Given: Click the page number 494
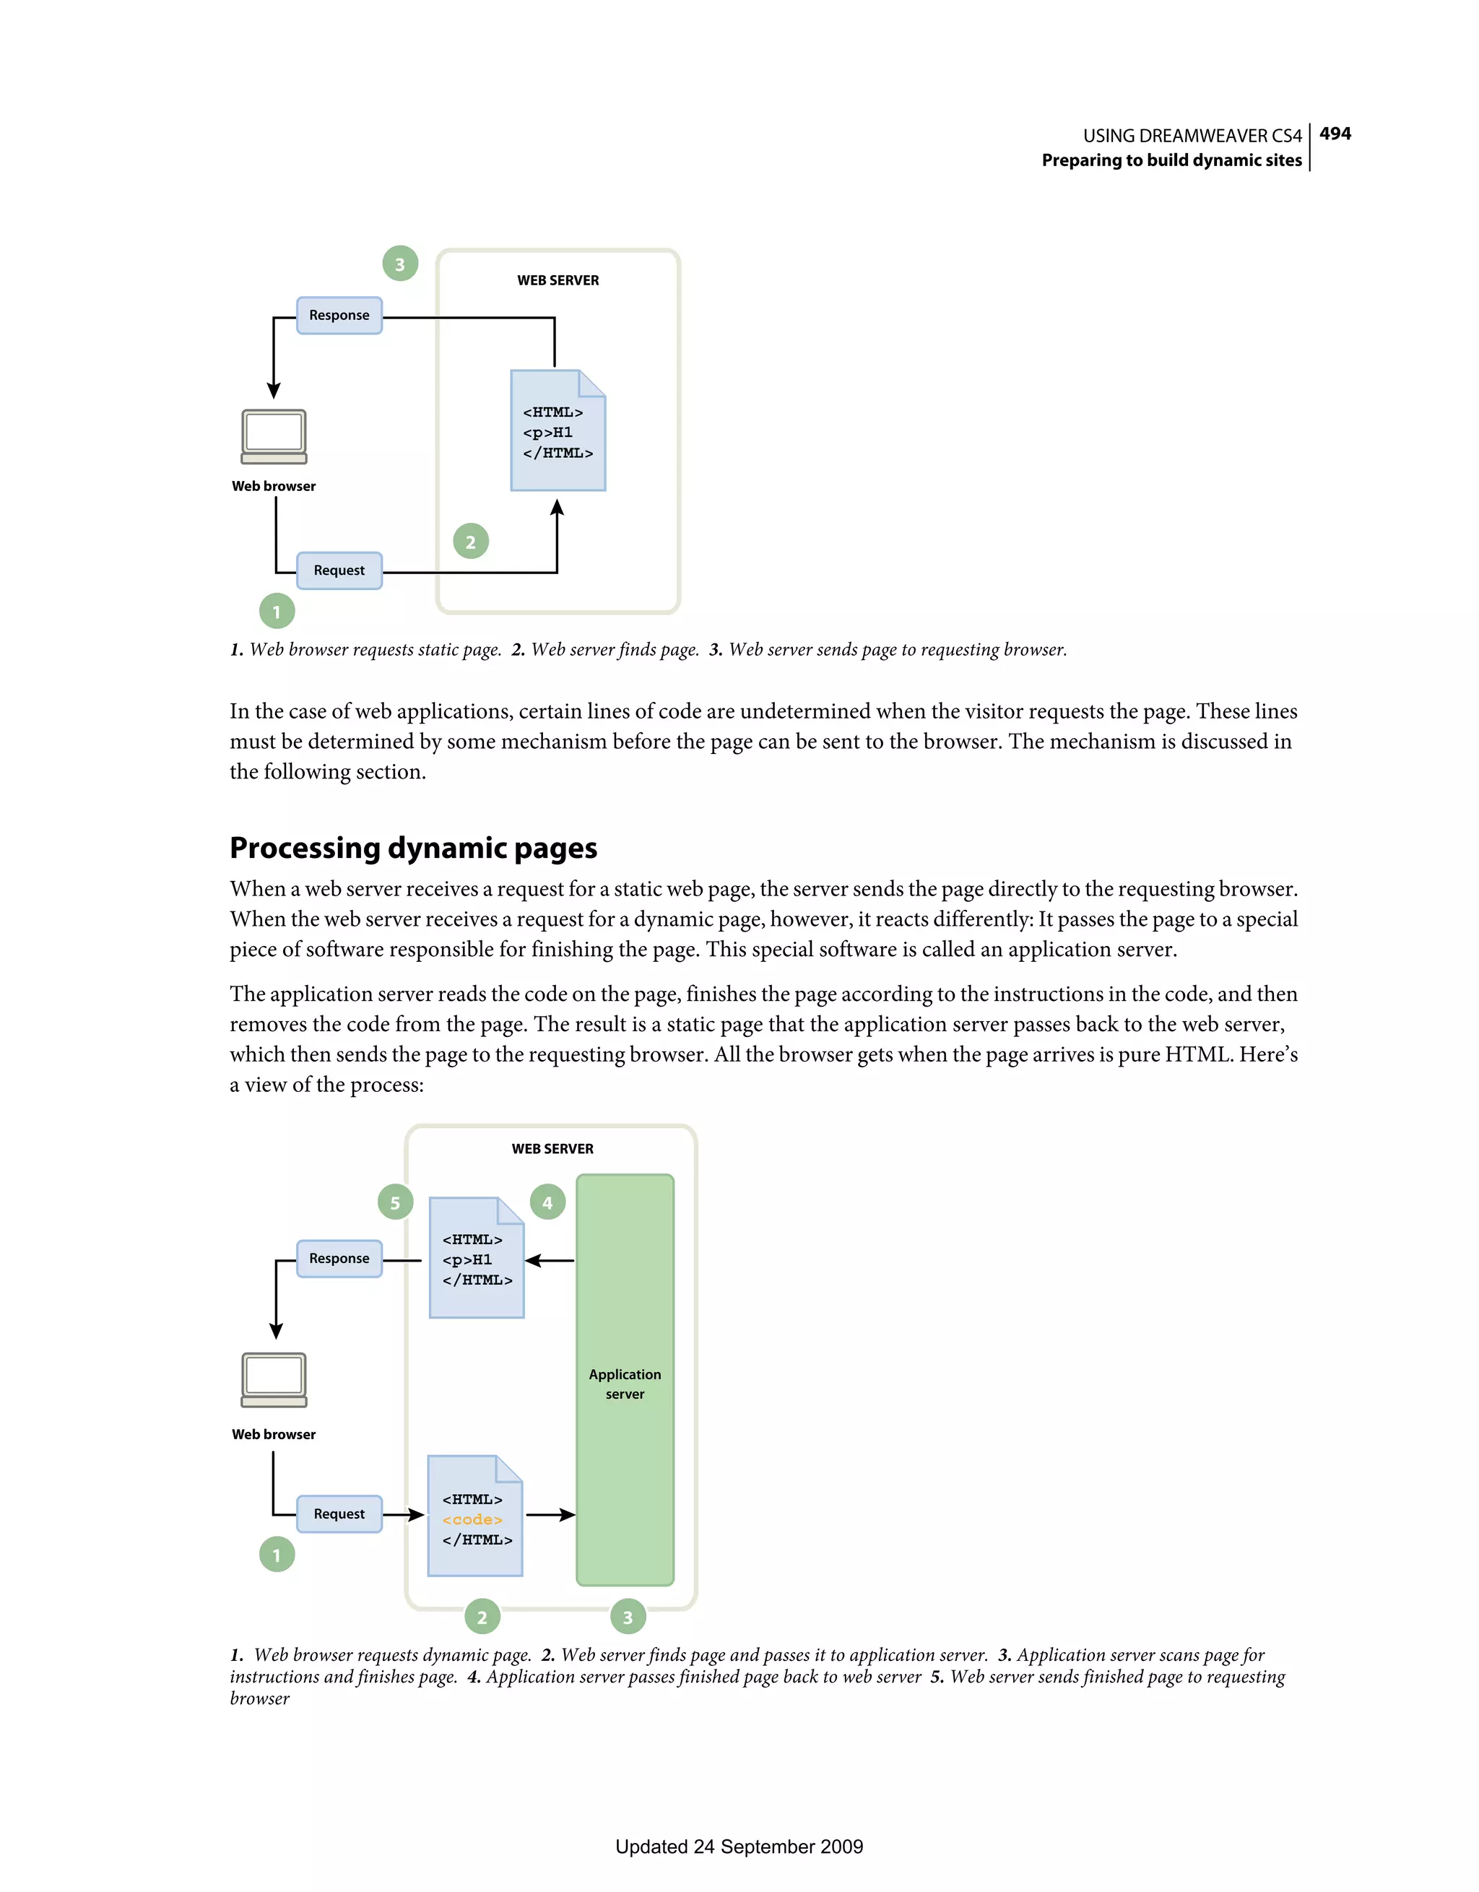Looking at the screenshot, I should [1335, 134].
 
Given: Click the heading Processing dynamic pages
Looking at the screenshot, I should [413, 847].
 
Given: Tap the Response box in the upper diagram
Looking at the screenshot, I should [339, 316].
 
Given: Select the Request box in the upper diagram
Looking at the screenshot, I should [339, 570].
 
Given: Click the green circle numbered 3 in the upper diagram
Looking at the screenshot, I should [399, 264].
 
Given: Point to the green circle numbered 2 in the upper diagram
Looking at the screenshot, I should [470, 542].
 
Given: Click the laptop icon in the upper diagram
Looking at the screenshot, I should [274, 437].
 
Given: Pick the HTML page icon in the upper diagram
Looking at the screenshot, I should [558, 430].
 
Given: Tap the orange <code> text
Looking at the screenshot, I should [472, 1519].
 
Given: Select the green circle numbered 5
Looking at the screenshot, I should [395, 1202].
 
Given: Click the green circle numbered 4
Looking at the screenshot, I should [547, 1202].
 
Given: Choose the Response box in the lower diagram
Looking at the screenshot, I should [339, 1259].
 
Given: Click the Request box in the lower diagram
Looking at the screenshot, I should [339, 1514].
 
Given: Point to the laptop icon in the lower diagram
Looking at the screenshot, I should [274, 1380].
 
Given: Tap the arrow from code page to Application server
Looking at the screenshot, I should [550, 1514].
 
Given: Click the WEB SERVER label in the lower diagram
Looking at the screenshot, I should [552, 1149].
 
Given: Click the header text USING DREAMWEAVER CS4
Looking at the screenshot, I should [1192, 136].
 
